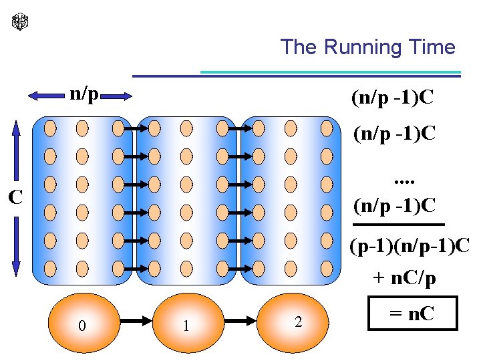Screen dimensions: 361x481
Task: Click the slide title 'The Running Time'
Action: (x=367, y=47)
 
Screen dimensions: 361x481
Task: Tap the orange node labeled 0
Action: (x=82, y=324)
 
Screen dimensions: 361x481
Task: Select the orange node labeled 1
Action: (x=186, y=324)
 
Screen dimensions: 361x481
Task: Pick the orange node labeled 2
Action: (x=297, y=322)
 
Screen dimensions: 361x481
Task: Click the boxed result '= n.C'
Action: (x=413, y=313)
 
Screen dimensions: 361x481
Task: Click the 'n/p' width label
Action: (x=84, y=94)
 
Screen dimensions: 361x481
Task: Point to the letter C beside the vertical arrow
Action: (x=15, y=197)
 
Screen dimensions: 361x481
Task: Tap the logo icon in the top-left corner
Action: (x=21, y=22)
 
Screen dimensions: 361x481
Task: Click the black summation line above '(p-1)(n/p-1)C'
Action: (x=407, y=224)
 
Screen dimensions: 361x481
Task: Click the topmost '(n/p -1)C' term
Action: (x=393, y=99)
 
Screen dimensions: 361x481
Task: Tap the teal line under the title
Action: (x=331, y=72)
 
